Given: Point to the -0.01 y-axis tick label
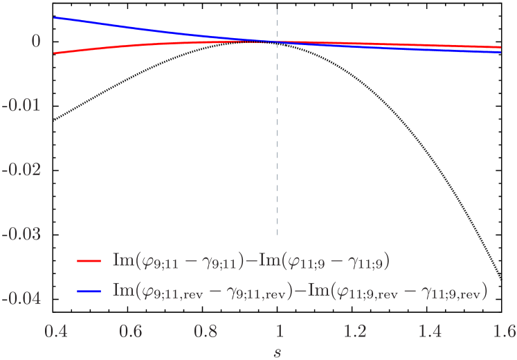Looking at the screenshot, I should click(21, 105).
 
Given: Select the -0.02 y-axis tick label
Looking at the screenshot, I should click(21, 170).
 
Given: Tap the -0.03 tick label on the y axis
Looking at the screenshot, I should click(21, 234).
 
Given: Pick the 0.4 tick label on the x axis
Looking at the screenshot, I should click(56, 331).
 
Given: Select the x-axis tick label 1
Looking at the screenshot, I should click(279, 331).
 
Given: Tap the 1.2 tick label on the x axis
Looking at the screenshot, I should click(354, 331).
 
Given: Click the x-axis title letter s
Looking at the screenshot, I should click(278, 352).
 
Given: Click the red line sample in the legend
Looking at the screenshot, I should click(89, 261).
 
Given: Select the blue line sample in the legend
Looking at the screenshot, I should click(89, 291).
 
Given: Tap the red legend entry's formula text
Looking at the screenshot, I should click(253, 261).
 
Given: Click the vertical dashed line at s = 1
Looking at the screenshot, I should click(278, 138).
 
